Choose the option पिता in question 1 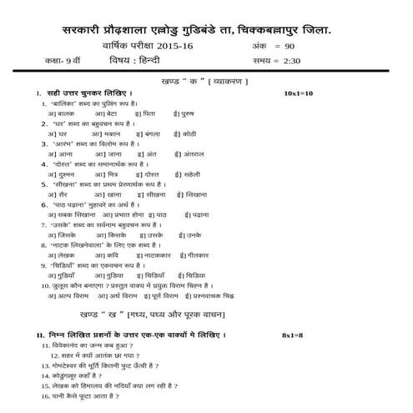click(149, 112)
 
